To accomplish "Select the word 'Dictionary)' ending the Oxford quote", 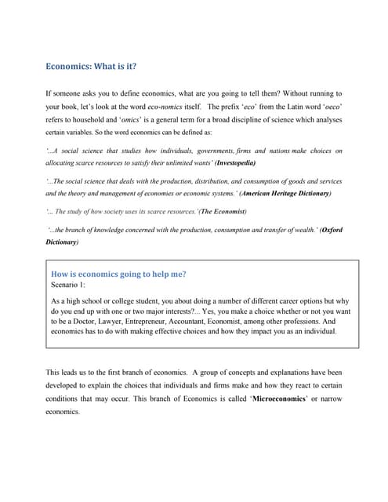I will coord(62,242).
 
